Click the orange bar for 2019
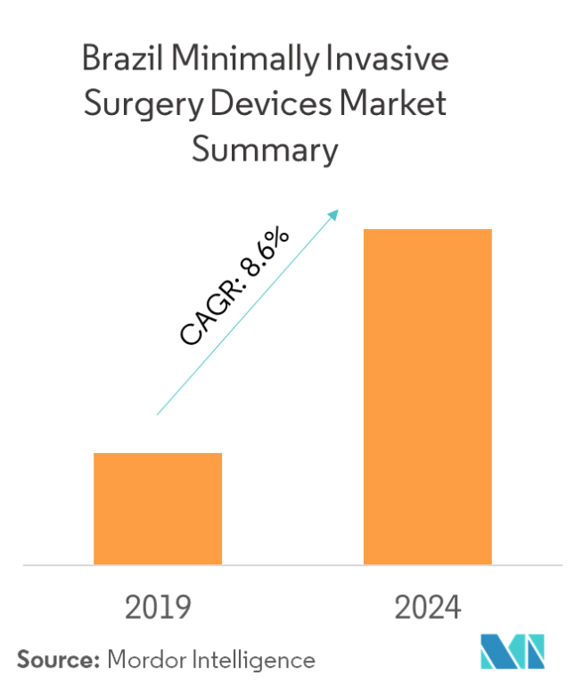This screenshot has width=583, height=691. (x=158, y=508)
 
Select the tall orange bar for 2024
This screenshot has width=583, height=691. (x=427, y=397)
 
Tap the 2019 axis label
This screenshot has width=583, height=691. (x=158, y=608)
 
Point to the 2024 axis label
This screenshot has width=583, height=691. (x=428, y=608)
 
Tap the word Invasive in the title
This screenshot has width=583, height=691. (x=400, y=61)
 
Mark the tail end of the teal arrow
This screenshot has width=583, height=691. (x=158, y=414)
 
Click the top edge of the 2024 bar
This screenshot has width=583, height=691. (x=427, y=230)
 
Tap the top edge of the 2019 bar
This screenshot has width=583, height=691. (x=158, y=454)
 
